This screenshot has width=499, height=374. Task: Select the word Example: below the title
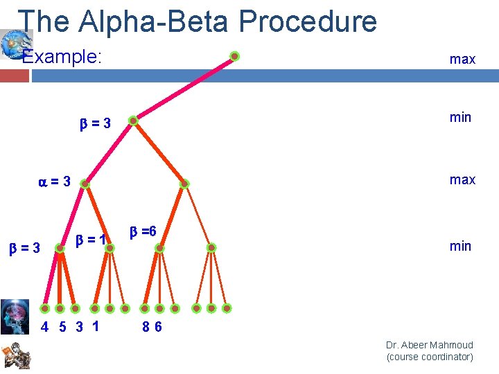tap(62, 56)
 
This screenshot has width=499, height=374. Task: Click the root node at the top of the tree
tap(235, 56)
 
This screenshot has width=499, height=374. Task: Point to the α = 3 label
tap(54, 182)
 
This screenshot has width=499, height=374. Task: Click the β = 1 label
tap(91, 240)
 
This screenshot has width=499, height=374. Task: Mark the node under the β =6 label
tap(159, 247)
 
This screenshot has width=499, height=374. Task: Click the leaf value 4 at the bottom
tap(44, 327)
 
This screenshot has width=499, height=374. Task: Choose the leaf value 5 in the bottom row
tap(62, 327)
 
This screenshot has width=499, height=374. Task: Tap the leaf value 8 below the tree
tap(146, 327)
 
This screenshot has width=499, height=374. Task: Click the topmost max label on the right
tap(462, 59)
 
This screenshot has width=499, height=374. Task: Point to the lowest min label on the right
tap(460, 246)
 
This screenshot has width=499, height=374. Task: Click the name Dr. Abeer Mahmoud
tap(430, 345)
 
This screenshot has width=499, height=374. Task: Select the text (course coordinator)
tap(430, 357)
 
